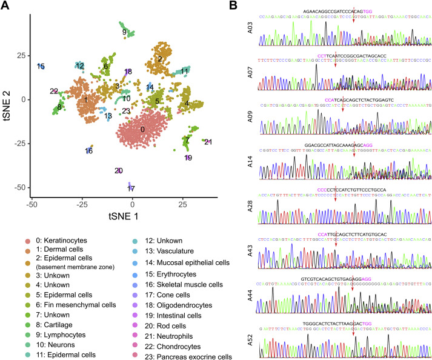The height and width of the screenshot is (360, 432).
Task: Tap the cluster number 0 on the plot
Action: [x=142, y=129]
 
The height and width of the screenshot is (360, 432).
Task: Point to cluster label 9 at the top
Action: [x=124, y=32]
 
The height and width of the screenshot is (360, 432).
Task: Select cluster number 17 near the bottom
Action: [x=131, y=188]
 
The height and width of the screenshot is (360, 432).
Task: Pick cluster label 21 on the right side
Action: [x=208, y=142]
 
